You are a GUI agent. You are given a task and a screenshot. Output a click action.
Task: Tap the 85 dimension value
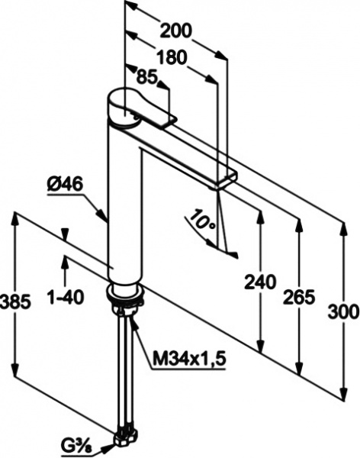148,77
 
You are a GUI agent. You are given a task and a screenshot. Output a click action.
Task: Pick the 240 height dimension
260,282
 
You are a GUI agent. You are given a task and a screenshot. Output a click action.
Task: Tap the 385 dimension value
15,302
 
